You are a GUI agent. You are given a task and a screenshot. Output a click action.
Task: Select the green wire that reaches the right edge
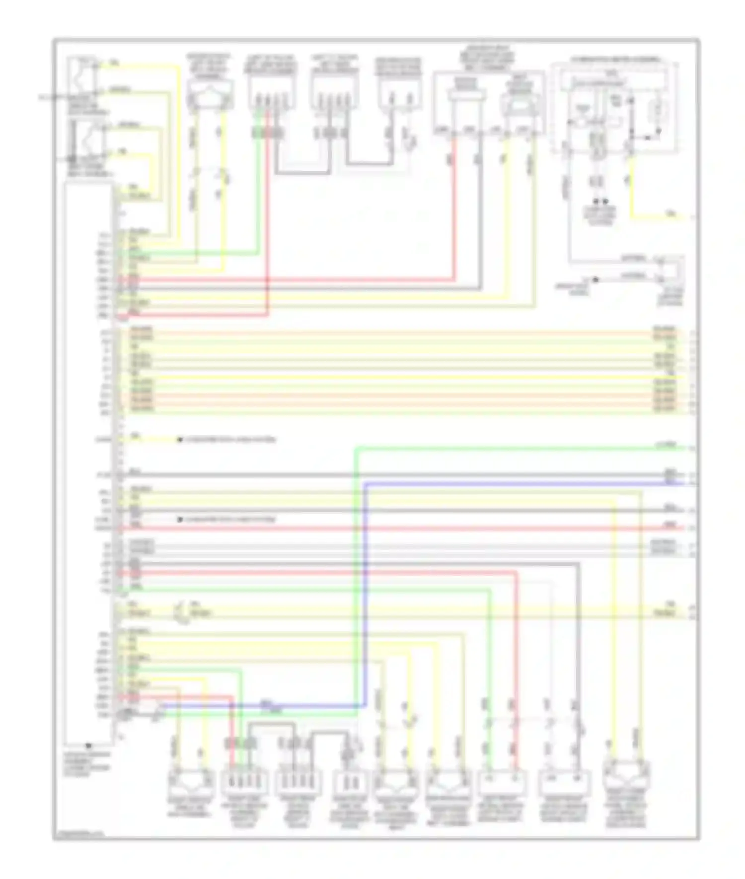(497, 448)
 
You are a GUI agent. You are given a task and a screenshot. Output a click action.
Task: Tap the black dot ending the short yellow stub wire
(180, 440)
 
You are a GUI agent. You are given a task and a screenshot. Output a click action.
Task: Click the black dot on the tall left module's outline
(88, 745)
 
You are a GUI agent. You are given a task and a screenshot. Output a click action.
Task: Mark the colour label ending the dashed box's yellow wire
(670, 214)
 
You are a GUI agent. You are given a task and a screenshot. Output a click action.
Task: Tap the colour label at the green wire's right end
(666, 445)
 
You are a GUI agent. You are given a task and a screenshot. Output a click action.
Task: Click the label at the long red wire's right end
(670, 525)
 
